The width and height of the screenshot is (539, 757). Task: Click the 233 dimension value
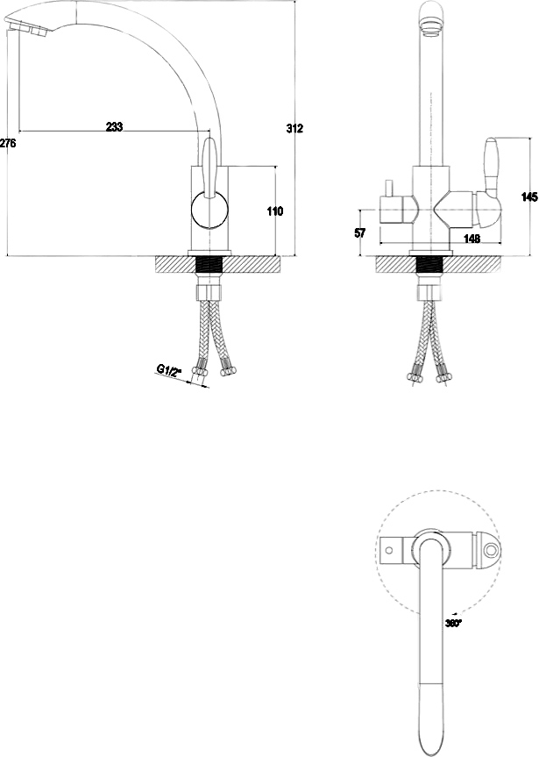point(114,126)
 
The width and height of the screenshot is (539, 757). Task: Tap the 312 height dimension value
point(294,128)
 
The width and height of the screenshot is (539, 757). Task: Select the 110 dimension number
point(275,211)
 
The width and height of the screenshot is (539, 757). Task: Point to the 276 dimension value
point(8,143)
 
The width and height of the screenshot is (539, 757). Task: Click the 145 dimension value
point(530,197)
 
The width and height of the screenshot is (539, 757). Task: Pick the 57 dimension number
point(360,232)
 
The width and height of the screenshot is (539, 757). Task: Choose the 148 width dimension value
point(472,238)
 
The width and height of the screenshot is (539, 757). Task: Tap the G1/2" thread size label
point(168,370)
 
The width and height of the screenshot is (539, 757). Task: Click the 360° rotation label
point(454,623)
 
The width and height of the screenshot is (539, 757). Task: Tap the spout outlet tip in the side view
point(26,27)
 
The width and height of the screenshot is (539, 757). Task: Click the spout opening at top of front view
point(432,25)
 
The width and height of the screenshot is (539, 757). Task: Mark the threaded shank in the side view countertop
point(209,265)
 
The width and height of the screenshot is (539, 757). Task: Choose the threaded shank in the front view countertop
point(429,265)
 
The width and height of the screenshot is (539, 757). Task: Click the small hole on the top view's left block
point(389,550)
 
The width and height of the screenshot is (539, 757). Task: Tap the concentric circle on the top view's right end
point(492,550)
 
